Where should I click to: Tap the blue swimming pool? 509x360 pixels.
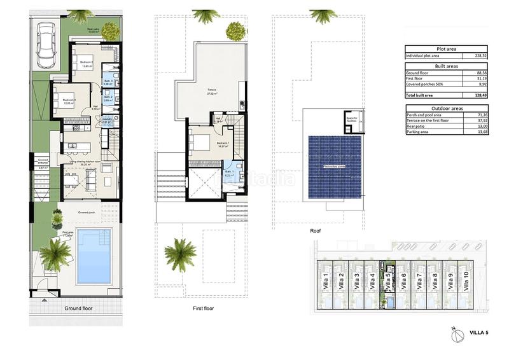tap(93, 256)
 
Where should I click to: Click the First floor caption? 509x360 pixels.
tap(203, 308)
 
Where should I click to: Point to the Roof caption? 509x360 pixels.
tap(316, 232)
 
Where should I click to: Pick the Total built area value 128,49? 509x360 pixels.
tap(477, 95)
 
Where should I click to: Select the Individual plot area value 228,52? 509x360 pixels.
tap(477, 56)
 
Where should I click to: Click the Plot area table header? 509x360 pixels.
tap(446, 49)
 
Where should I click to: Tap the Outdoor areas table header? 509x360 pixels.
tap(446, 107)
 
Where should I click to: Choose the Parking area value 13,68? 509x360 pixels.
tap(478, 132)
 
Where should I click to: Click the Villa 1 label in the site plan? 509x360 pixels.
tap(326, 279)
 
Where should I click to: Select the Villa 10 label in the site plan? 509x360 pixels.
tap(466, 279)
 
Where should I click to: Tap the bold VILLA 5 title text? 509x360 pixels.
tap(478, 331)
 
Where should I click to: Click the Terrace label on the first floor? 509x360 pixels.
tap(210, 90)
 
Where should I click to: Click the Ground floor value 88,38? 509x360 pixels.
tap(478, 73)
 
